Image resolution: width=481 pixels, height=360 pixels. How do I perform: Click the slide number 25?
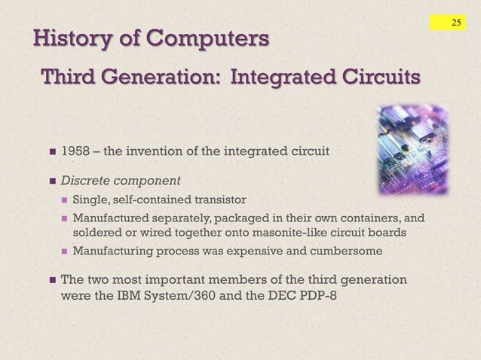455,23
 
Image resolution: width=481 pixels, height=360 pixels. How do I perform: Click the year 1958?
75,151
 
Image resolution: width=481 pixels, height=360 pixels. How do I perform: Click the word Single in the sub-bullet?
90,200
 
